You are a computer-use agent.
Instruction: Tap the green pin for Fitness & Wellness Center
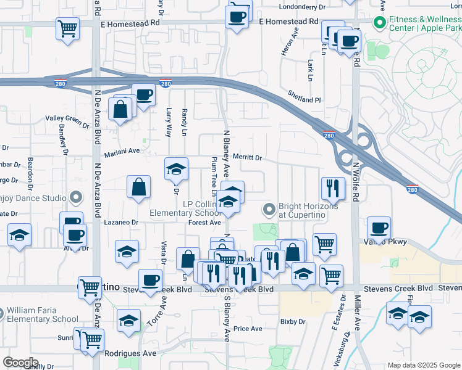pyautogui.click(x=379, y=23)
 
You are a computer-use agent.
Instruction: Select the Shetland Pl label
pyautogui.click(x=304, y=96)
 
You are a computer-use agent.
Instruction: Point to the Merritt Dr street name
pyautogui.click(x=247, y=158)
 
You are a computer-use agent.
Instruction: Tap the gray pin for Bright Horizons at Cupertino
pyautogui.click(x=269, y=210)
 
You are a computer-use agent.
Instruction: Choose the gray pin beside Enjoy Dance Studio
pyautogui.click(x=76, y=198)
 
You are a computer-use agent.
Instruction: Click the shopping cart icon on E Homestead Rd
pyautogui.click(x=67, y=28)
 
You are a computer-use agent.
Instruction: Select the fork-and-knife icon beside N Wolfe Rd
pyautogui.click(x=334, y=187)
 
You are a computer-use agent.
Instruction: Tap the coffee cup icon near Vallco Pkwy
pyautogui.click(x=378, y=227)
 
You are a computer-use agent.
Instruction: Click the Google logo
pyautogui.click(x=20, y=362)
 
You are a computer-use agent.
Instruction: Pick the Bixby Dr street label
pyautogui.click(x=293, y=321)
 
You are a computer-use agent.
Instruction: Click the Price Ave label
pyautogui.click(x=248, y=329)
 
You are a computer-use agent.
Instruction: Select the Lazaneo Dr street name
pyautogui.click(x=120, y=222)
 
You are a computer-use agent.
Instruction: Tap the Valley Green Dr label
pyautogui.click(x=67, y=119)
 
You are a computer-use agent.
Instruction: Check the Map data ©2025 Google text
pyautogui.click(x=423, y=365)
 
